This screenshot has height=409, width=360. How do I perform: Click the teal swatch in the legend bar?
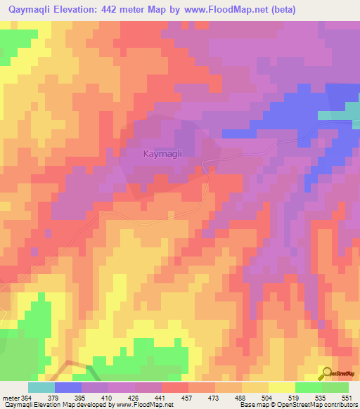(x=41, y=387)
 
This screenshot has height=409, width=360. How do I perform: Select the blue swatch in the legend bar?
(x=67, y=387)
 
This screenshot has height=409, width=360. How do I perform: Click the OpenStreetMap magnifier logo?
(x=327, y=372)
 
